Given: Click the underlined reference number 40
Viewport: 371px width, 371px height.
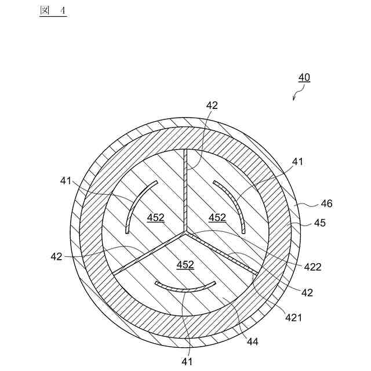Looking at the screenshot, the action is (x=304, y=78).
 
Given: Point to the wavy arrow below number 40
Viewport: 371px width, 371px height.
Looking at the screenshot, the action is (x=299, y=93).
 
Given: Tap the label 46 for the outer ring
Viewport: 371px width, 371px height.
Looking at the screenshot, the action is (x=326, y=203).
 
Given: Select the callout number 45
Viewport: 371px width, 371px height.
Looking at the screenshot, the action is (x=319, y=223).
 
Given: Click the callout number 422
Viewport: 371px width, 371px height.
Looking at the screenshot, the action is (x=312, y=267).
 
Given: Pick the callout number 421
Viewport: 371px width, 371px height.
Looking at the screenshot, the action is (x=293, y=318).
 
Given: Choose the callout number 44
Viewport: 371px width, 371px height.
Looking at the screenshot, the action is (x=253, y=341).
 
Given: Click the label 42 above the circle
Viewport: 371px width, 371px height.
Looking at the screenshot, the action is (x=212, y=106).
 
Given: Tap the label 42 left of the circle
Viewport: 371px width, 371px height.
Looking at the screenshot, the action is (x=56, y=256).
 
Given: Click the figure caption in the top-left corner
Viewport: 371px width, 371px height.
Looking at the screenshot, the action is (x=53, y=11).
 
